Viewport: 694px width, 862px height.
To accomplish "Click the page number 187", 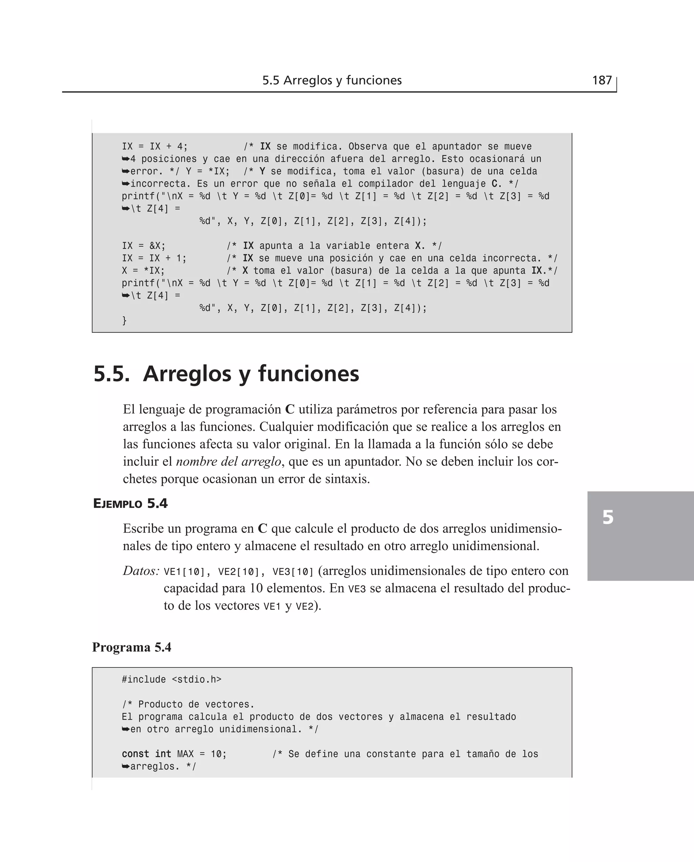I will (x=601, y=80).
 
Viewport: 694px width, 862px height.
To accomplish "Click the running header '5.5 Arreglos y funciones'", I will (x=332, y=80).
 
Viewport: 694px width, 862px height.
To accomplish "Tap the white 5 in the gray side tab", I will (x=608, y=517).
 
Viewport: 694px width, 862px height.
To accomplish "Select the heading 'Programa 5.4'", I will (x=131, y=647).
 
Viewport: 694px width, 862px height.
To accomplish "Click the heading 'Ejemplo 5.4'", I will (x=130, y=503).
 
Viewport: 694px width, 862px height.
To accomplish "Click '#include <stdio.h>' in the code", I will (x=171, y=679).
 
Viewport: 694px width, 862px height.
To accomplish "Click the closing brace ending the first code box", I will (x=124, y=320).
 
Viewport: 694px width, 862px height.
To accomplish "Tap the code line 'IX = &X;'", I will (x=144, y=245).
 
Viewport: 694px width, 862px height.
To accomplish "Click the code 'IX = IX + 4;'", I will (x=155, y=146).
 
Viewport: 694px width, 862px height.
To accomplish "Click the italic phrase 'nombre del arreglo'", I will (x=229, y=461).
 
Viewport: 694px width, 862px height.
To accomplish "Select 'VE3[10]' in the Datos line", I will (x=293, y=572).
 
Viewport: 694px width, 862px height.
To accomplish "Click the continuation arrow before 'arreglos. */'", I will (x=125, y=766).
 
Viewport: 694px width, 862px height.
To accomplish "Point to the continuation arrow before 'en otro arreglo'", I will (x=125, y=729).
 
